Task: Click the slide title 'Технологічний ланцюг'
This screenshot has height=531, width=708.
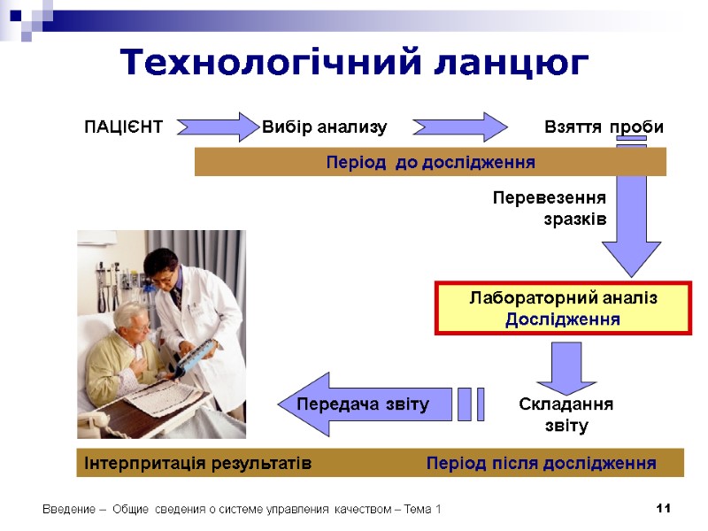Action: (354, 63)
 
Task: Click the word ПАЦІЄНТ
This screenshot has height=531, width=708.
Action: (123, 127)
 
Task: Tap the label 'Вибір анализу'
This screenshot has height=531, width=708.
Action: (325, 127)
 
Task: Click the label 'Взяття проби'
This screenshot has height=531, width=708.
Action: (604, 127)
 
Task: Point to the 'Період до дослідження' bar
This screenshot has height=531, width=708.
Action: (430, 163)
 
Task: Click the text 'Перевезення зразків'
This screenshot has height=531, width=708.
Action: (550, 208)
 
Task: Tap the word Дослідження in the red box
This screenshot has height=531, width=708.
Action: (562, 319)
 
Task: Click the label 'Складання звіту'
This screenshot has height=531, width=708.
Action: (566, 414)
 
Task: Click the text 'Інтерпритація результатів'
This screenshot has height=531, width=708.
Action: (197, 464)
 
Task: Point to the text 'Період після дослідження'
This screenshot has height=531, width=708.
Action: (541, 464)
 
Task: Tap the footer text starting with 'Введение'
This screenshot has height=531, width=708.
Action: (242, 510)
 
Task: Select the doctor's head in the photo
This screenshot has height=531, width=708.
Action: (161, 265)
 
